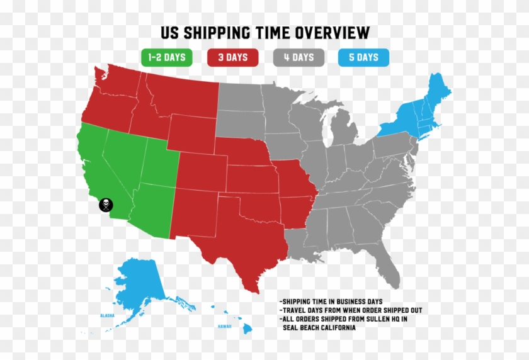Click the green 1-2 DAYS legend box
point(167,57)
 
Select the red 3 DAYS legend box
point(233,57)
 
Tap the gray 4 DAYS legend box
point(299,57)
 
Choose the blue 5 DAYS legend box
point(363,57)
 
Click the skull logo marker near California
point(106,205)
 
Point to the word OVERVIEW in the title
point(329,33)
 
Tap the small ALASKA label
point(106,315)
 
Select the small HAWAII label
point(225,327)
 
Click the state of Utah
point(157,160)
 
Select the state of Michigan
point(343,129)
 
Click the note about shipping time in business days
point(331,301)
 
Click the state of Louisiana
point(299,242)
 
